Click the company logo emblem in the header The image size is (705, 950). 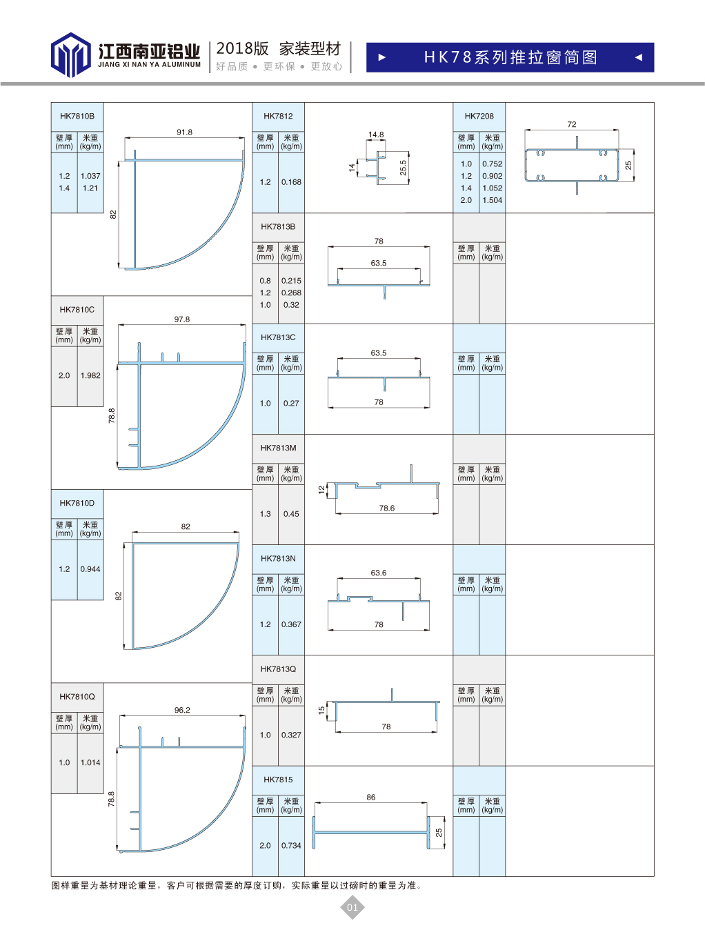coord(70,55)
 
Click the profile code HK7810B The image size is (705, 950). coord(77,116)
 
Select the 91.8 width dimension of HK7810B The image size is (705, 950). coord(185,132)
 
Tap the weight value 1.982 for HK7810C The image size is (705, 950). coord(90,375)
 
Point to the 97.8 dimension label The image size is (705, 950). coord(182,319)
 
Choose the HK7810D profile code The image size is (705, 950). coord(77,503)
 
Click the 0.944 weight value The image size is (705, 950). coord(90,569)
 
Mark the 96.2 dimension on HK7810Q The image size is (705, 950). coord(182,710)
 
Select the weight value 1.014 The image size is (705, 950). coord(90,763)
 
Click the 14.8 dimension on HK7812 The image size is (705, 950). coord(376,135)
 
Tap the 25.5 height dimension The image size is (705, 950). coord(403,168)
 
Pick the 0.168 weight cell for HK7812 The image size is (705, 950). coord(291,182)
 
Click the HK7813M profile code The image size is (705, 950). coord(279,448)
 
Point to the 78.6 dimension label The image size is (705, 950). coord(387,508)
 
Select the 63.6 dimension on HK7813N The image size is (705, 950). coord(379,573)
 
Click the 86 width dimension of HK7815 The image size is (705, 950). coord(371,797)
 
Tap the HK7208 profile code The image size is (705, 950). coord(479,116)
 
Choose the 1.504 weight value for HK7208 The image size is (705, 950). coord(492,200)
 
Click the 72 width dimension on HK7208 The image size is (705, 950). coord(572,124)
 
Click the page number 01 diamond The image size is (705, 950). coord(352,907)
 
